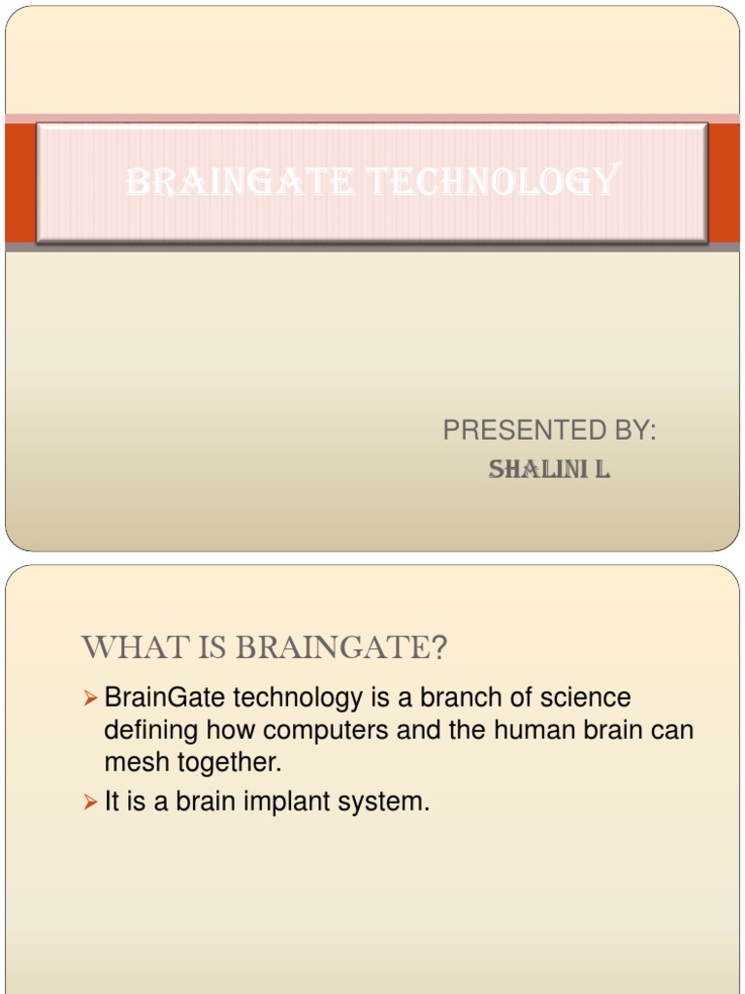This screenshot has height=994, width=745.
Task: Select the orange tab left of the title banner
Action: click(x=19, y=182)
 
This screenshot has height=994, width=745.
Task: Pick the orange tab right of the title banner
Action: click(x=724, y=182)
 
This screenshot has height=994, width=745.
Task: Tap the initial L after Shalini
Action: click(x=602, y=471)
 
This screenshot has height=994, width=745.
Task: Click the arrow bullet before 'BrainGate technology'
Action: click(x=90, y=698)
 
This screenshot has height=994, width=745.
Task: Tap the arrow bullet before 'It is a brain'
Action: click(x=90, y=803)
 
